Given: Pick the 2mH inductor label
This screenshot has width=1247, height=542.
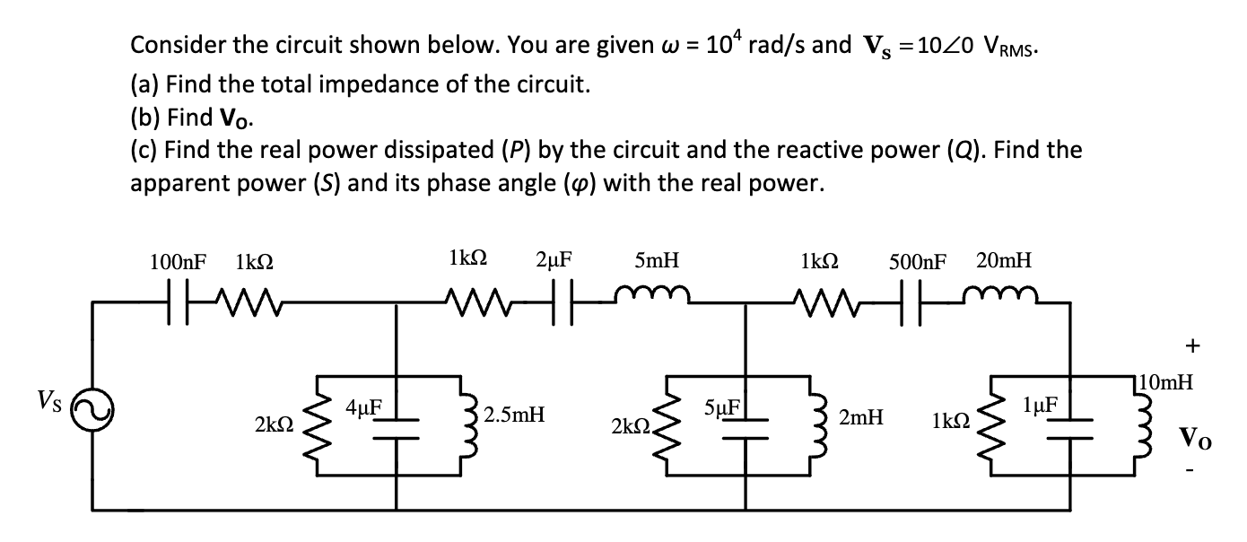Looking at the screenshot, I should click(860, 416).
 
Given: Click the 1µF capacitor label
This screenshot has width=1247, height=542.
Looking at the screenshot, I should click(1041, 406).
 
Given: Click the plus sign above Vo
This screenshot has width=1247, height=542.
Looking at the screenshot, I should click(1191, 345).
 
